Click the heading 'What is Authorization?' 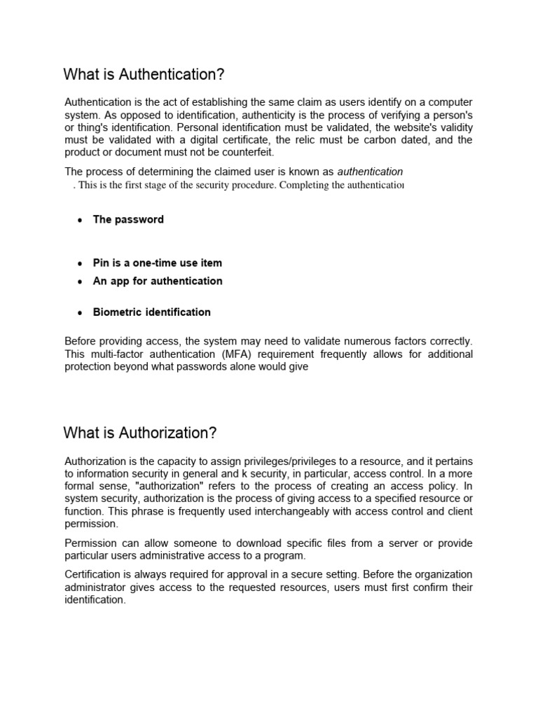140,433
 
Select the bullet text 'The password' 128,219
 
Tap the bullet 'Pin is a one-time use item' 157,263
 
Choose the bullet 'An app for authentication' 158,281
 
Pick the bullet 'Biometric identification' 151,312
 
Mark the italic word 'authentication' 370,172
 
